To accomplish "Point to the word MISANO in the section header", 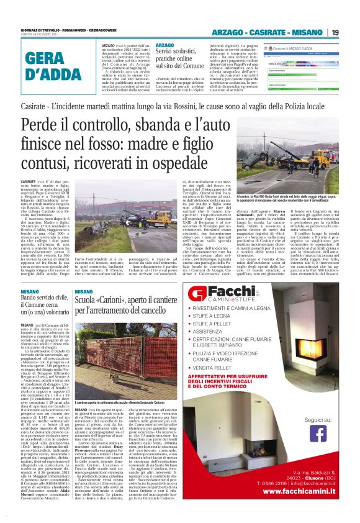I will pos(322,32).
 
